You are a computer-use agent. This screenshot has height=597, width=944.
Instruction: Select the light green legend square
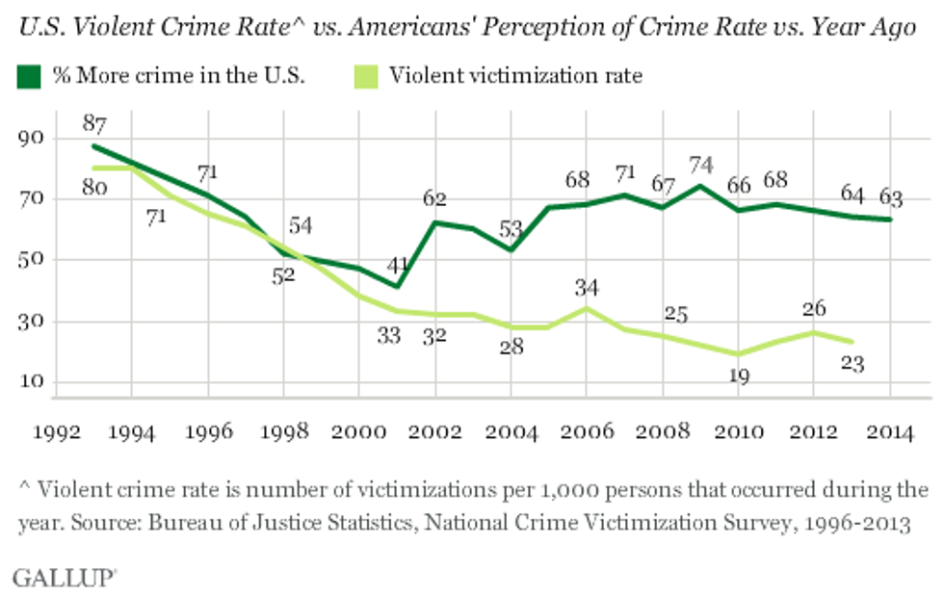click(x=370, y=75)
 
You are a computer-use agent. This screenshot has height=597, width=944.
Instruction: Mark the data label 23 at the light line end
click(x=852, y=365)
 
